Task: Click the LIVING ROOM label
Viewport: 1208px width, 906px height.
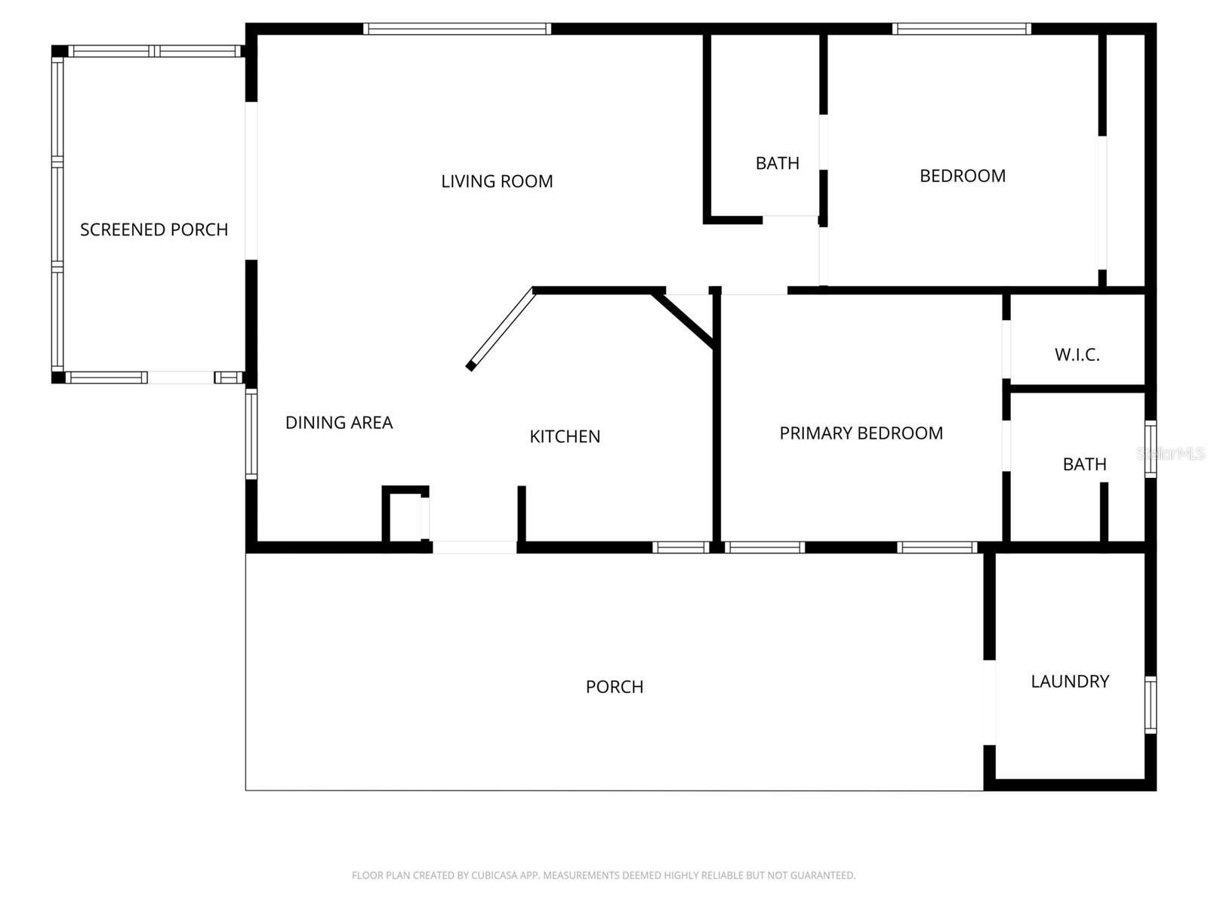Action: (497, 181)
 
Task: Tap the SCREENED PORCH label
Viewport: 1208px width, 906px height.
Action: (154, 230)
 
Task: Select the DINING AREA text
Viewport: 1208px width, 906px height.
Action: (339, 423)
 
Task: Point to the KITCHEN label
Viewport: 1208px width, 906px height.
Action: (565, 436)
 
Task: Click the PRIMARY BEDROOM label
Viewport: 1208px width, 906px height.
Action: (861, 433)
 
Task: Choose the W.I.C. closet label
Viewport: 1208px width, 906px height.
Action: (1077, 355)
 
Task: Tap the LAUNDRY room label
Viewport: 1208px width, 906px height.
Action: (1070, 682)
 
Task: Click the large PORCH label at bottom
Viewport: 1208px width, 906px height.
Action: (615, 687)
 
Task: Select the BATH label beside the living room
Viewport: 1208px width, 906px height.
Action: (777, 163)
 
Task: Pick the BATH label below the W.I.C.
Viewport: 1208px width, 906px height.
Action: (1084, 464)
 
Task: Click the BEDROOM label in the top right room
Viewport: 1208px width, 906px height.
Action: (962, 176)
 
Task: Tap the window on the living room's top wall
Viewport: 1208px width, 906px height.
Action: (457, 29)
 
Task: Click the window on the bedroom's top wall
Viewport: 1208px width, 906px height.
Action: (961, 29)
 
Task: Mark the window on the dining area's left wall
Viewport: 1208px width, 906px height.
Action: (251, 433)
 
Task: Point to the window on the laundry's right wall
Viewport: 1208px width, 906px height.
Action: (1150, 705)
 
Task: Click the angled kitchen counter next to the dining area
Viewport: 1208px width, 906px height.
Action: (501, 329)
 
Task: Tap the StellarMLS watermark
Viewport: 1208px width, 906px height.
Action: (1170, 454)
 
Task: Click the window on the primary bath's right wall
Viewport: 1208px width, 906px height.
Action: (1150, 449)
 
